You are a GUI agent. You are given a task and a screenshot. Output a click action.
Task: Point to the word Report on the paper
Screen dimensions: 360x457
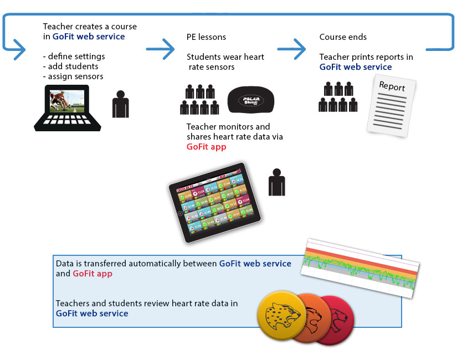click(x=392, y=87)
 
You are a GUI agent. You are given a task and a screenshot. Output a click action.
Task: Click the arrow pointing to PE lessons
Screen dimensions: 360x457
click(x=160, y=48)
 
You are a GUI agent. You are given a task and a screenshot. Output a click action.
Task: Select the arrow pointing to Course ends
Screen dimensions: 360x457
click(x=291, y=48)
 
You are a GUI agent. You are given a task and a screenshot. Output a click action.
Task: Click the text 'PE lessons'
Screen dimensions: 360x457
click(x=206, y=37)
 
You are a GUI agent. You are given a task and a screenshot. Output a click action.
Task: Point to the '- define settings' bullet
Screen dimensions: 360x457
click(x=74, y=56)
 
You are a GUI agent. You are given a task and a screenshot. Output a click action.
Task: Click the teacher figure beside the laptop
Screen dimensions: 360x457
click(x=120, y=103)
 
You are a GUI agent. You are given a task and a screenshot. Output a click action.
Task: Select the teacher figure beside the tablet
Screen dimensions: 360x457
click(x=276, y=182)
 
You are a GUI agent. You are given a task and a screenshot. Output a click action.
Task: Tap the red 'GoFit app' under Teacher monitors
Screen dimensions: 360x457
click(x=206, y=147)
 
